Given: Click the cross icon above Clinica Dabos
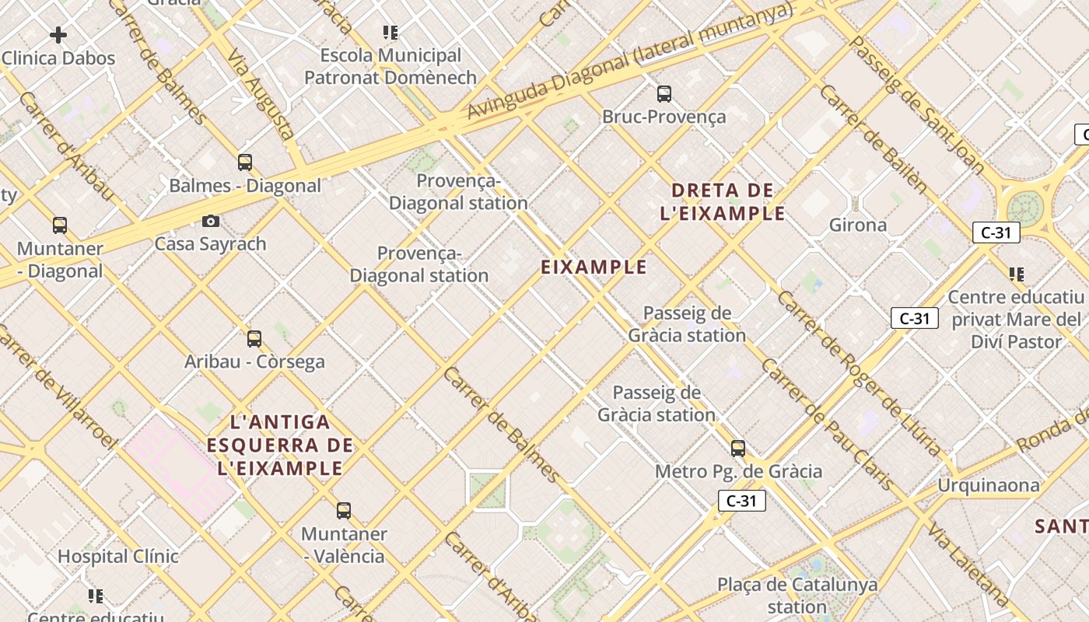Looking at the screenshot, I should [x=58, y=35].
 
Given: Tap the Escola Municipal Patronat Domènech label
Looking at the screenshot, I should [x=390, y=66].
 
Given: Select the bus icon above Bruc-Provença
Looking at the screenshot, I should [x=664, y=94].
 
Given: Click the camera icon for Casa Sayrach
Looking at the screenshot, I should [x=210, y=222].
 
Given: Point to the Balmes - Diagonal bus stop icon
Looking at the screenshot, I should [x=245, y=162].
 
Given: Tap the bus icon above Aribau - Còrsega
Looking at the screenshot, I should [x=254, y=339].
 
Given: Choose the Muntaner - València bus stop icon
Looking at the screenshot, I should [x=344, y=511].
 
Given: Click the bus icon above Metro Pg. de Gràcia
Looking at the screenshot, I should [x=738, y=449].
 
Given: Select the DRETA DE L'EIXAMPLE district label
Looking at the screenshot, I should [x=723, y=202].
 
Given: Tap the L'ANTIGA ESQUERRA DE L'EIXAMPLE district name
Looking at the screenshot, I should [x=281, y=446].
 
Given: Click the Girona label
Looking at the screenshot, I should [x=858, y=225].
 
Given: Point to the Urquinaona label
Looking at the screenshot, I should [x=988, y=486].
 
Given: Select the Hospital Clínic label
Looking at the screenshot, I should [x=118, y=557].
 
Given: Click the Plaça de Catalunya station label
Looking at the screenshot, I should [x=797, y=595].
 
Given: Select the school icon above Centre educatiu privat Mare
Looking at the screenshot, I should [x=1016, y=274].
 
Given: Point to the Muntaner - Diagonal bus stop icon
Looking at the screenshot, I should [x=60, y=225].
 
